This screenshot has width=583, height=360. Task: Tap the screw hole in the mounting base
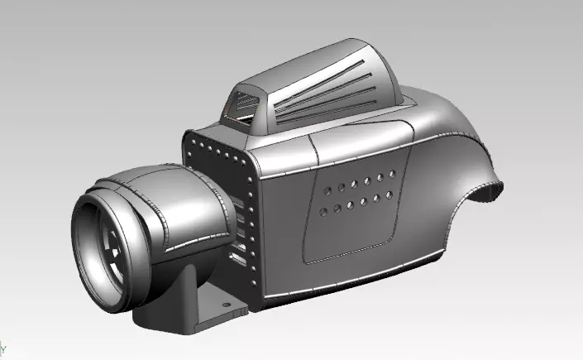[x=224, y=304]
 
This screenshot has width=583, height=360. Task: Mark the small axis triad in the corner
[x=3, y=347]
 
